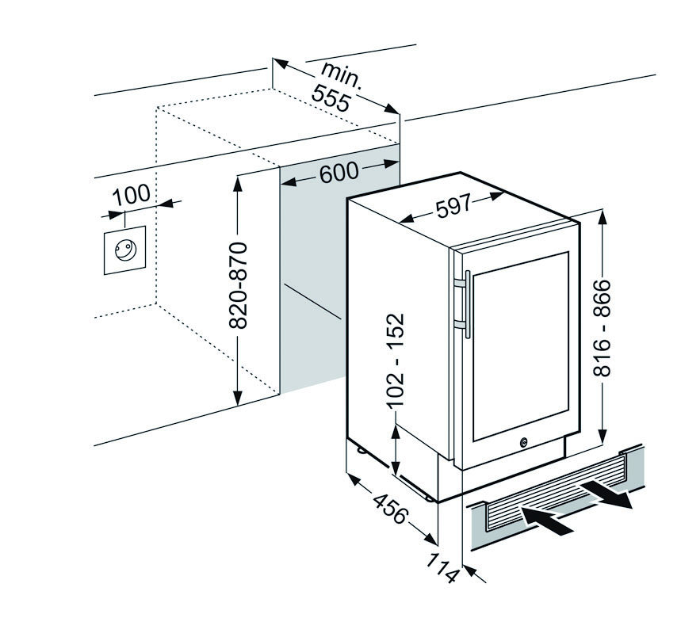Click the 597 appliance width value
[453, 207]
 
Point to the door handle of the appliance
[466, 303]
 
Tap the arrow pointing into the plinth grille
[547, 519]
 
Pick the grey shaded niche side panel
[313, 277]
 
